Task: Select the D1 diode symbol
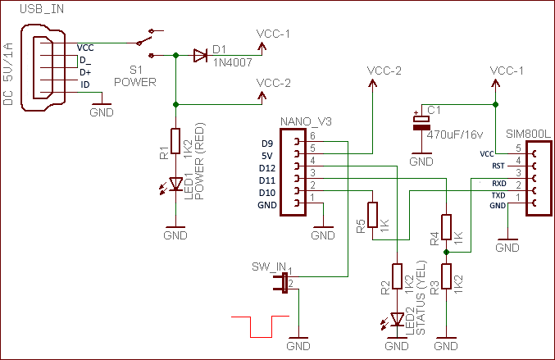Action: coord(201,56)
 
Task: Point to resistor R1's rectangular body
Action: coord(175,140)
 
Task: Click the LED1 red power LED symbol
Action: coord(175,185)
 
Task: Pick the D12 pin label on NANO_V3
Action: coord(267,168)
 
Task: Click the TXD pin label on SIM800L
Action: coord(498,195)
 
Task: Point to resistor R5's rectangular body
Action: coord(373,214)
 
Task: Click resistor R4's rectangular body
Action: coord(446,226)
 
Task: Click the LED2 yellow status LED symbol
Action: coord(397,318)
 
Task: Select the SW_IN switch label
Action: coord(269,266)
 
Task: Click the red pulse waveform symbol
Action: coord(260,326)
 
